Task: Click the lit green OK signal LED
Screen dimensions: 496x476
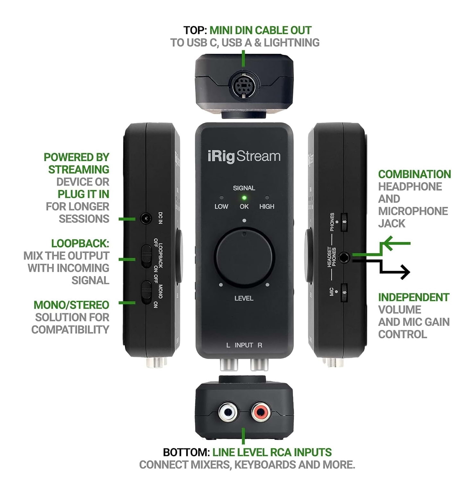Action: click(x=244, y=198)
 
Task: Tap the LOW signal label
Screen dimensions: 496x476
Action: click(x=221, y=207)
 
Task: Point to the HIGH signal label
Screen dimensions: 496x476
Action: click(x=267, y=207)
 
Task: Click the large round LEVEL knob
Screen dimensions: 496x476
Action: click(x=244, y=257)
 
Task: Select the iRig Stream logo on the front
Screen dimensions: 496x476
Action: click(x=244, y=157)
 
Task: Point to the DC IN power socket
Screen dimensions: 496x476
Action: click(x=146, y=219)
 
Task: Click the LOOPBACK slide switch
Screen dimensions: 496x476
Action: click(x=147, y=256)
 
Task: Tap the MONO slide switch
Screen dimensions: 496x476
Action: click(x=147, y=292)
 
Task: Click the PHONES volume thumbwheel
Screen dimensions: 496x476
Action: click(x=344, y=222)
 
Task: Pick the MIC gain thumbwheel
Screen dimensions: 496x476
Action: click(x=344, y=292)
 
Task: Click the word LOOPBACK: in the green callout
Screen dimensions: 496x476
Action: click(x=80, y=243)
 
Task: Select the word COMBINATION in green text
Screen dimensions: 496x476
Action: click(x=414, y=174)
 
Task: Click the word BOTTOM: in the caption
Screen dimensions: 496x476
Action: click(x=186, y=452)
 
